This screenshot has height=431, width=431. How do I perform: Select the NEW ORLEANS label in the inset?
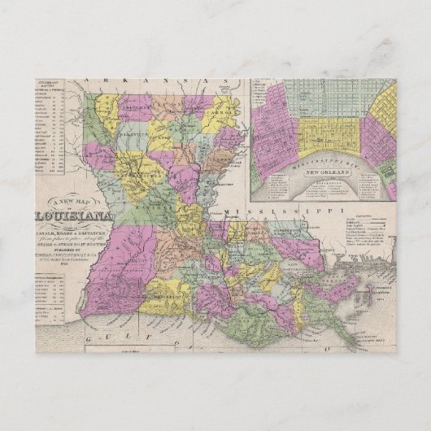coord(325,173)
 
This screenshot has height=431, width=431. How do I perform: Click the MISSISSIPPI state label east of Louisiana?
coord(281,211)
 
